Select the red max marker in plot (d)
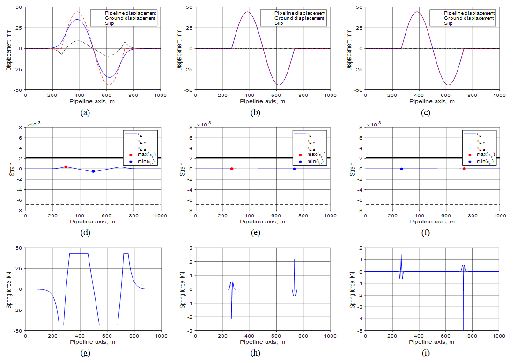coord(66,167)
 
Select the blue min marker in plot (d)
coord(93,171)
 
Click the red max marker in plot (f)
coord(464,169)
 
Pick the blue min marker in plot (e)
coord(294,169)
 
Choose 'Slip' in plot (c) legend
coord(449,23)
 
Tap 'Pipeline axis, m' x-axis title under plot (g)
coord(93,342)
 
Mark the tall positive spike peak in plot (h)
coord(295,259)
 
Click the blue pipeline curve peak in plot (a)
coord(77,20)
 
